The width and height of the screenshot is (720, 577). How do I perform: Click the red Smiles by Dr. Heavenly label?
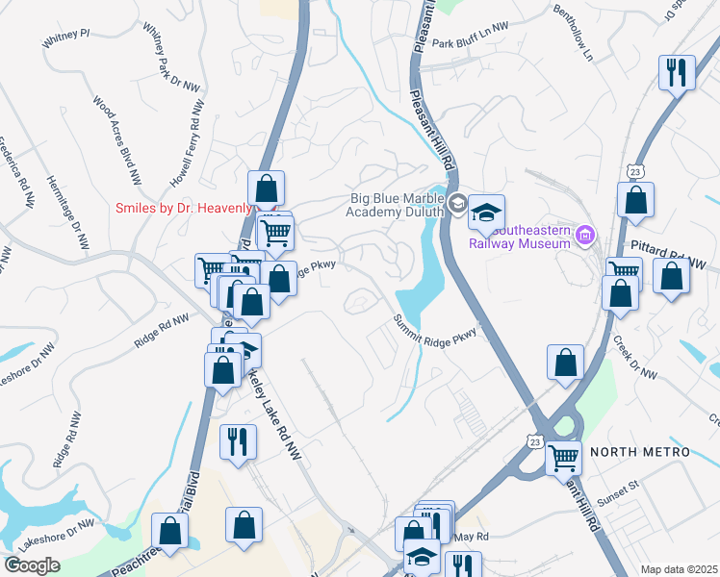click(x=184, y=208)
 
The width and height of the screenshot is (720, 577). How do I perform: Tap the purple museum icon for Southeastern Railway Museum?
click(x=583, y=235)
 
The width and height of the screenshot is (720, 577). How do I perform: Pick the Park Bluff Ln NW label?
click(x=470, y=42)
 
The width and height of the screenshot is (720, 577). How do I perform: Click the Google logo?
click(x=33, y=565)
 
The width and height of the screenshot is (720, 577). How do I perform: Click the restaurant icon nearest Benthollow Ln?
click(x=676, y=72)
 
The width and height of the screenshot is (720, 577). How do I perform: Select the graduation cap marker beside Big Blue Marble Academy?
click(x=486, y=211)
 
